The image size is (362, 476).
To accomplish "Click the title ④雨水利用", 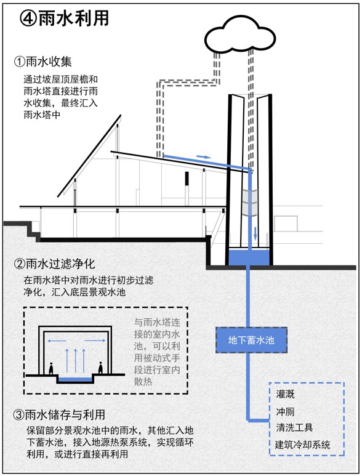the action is (64, 18).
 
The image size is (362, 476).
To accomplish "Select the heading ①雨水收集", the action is (42, 62).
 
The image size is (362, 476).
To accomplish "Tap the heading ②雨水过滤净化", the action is (55, 264).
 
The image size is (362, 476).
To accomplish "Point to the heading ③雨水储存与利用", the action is (60, 414).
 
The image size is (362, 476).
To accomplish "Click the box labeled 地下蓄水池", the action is (251, 340).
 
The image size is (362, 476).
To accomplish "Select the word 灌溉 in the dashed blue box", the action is (285, 394).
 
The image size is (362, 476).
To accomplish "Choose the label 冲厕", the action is (285, 411).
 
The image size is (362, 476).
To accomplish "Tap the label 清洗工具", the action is (294, 427).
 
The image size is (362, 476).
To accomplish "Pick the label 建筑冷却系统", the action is (302, 445).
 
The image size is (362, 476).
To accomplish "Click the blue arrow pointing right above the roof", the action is (204, 157).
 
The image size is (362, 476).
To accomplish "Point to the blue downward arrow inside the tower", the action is (255, 233).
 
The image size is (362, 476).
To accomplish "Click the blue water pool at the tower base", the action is (249, 257).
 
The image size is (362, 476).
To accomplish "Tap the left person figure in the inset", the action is (51, 368).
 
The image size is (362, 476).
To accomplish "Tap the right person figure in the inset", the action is (101, 368).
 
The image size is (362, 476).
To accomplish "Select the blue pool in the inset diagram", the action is (75, 379).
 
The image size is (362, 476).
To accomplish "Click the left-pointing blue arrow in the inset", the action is (57, 341).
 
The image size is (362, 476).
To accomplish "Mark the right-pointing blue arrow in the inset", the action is (95, 341).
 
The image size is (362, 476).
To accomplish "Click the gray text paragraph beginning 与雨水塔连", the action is (157, 352).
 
